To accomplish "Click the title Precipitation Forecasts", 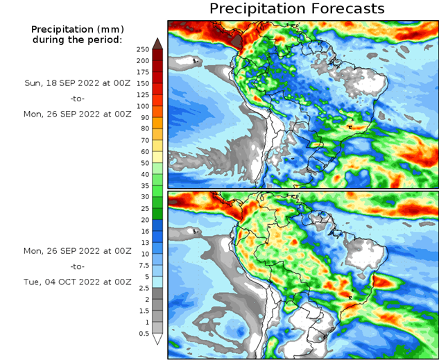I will (x=296, y=9).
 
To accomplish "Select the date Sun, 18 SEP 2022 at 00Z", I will (x=76, y=82).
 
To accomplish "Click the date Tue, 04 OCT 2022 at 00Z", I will (x=76, y=282).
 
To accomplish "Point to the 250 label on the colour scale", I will (x=143, y=50).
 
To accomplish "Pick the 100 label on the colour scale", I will (x=143, y=106).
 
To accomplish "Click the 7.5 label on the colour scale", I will (x=143, y=266).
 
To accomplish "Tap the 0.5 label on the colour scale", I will (x=143, y=334).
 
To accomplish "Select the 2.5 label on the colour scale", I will (x=143, y=288).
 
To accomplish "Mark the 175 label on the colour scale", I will (x=143, y=72).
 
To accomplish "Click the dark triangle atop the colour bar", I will (x=157, y=44).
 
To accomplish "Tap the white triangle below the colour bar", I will (x=157, y=339).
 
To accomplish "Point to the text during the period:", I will (x=76, y=40).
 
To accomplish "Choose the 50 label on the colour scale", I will (x=143, y=163).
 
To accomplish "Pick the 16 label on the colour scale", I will (x=143, y=232).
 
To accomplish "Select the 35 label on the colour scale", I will (x=143, y=186).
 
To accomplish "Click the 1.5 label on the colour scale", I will (x=143, y=311).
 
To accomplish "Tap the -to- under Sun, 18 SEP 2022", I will (x=76, y=98).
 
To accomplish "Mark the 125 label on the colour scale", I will (x=143, y=95).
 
